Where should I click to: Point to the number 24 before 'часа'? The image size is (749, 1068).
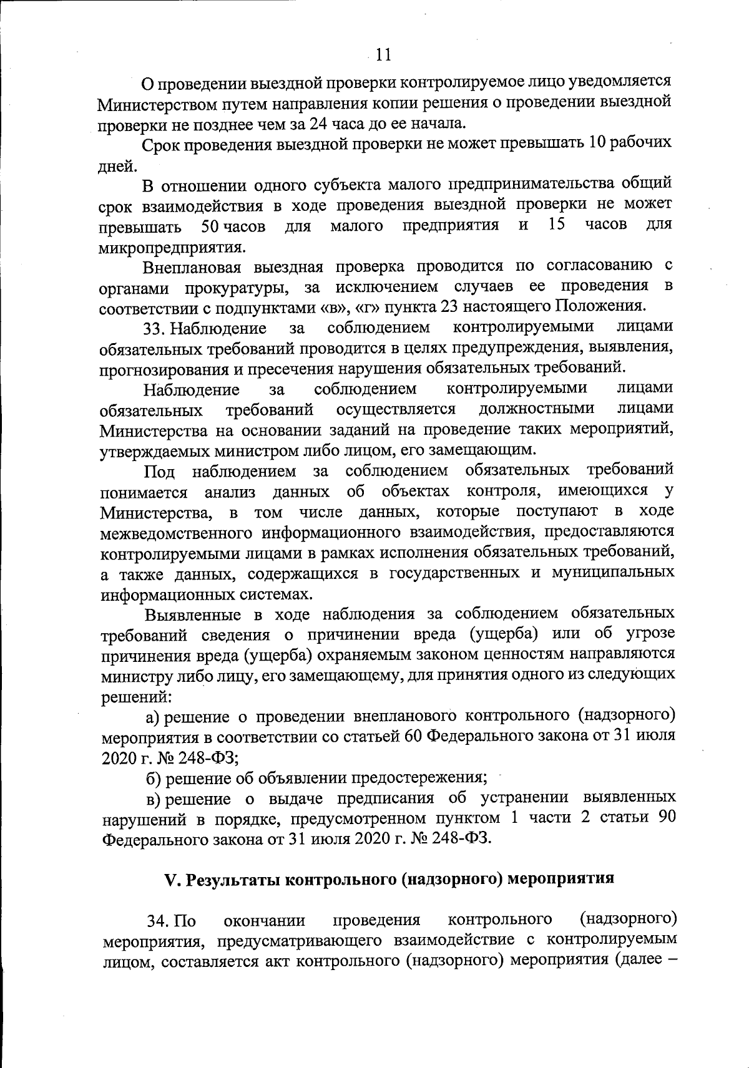(x=318, y=122)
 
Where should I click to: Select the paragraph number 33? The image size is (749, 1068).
(x=154, y=328)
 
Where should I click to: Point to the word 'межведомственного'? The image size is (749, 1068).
(x=174, y=532)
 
